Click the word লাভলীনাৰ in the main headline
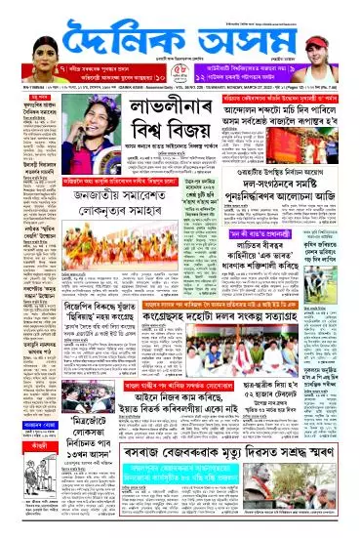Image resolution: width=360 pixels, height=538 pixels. point(137,124)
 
